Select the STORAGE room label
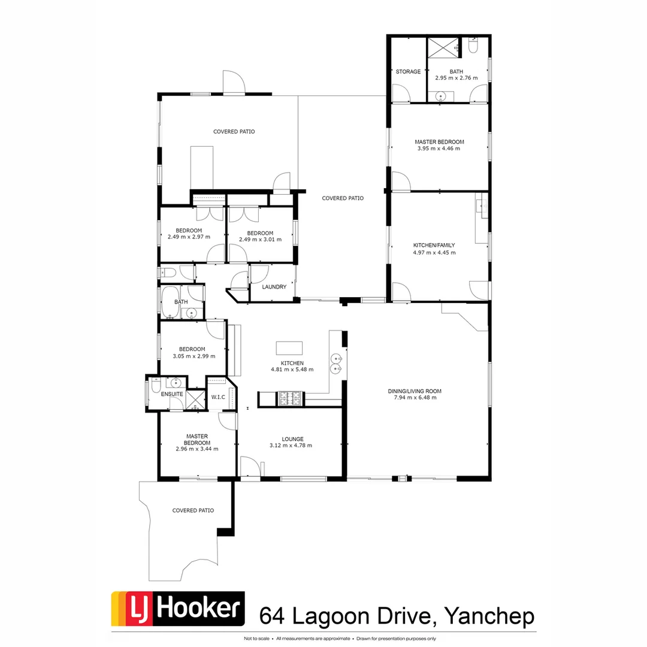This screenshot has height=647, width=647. tap(408, 72)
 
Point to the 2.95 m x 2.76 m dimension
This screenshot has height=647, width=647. tap(456, 78)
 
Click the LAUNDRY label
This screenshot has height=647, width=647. tap(274, 287)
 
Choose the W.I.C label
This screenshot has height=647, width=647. tap(217, 397)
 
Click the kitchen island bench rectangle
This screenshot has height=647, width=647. tap(289, 349)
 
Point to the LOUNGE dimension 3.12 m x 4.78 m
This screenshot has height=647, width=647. tap(291, 445)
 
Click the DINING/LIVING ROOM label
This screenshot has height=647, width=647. tap(418, 391)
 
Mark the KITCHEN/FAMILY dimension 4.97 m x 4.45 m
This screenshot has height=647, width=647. tap(434, 252)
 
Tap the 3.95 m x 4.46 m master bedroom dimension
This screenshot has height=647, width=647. tap(439, 149)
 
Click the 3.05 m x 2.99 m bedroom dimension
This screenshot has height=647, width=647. tap(192, 356)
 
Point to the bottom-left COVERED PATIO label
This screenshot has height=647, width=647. tap(193, 510)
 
